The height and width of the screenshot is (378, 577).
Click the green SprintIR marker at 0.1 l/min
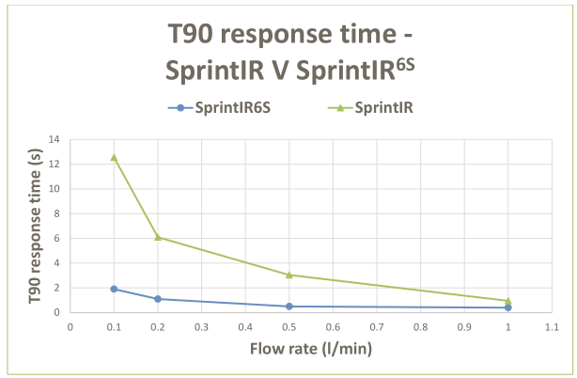click(114, 157)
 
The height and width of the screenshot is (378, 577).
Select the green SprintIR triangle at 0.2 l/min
click(158, 237)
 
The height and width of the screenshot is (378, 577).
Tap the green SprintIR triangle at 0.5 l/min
click(289, 275)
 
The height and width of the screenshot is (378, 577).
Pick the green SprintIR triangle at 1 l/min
click(508, 301)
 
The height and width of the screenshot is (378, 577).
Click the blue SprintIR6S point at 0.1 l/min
click(114, 289)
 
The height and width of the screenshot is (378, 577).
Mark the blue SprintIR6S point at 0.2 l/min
click(158, 299)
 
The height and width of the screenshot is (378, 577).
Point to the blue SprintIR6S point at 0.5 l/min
click(289, 307)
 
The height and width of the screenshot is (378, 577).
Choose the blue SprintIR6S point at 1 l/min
click(508, 307)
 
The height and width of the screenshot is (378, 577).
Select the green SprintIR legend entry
click(375, 107)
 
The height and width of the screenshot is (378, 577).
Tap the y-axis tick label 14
click(54, 139)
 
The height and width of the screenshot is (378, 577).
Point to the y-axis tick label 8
click(56, 213)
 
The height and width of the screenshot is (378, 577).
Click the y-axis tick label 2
click(56, 288)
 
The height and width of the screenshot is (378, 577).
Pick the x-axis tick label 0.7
click(377, 327)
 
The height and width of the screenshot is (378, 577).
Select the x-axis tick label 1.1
click(552, 327)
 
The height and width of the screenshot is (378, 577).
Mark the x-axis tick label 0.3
click(201, 327)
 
